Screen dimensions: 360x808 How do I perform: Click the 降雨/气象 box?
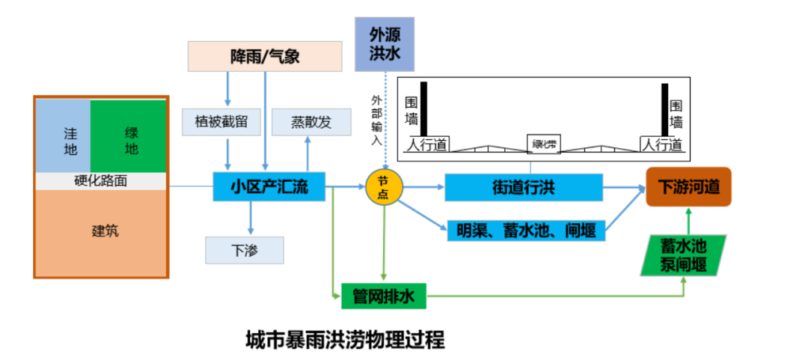(264, 56)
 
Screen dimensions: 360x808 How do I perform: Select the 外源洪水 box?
(384, 44)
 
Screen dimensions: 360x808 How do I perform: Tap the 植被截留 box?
(221, 122)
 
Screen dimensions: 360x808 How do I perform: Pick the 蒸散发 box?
(310, 122)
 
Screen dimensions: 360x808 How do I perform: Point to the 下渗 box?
(245, 250)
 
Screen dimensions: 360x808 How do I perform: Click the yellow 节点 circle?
(384, 187)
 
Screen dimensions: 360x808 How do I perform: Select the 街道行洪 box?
(523, 187)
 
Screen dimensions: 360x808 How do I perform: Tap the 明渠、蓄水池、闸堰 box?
(526, 231)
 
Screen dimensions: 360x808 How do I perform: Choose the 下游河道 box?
(688, 186)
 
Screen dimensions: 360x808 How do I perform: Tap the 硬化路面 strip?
(101, 181)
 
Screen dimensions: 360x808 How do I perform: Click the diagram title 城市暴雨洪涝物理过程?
(346, 341)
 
